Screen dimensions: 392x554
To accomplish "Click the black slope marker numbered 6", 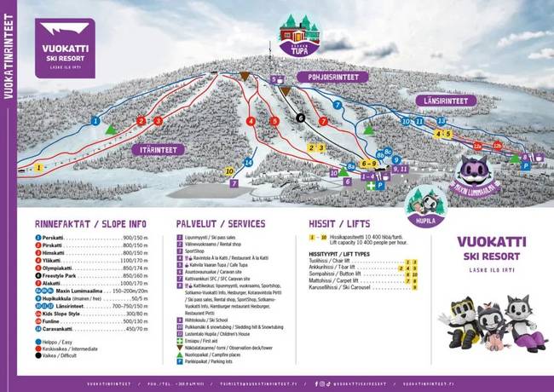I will pos(300,118).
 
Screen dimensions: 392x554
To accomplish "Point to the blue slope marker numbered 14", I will pos(248,162).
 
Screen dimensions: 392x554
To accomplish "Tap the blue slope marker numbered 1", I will pos(95,121).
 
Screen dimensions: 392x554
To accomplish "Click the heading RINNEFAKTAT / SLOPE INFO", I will pos(89,224).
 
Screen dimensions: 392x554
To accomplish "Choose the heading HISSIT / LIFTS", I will pos(339,224).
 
